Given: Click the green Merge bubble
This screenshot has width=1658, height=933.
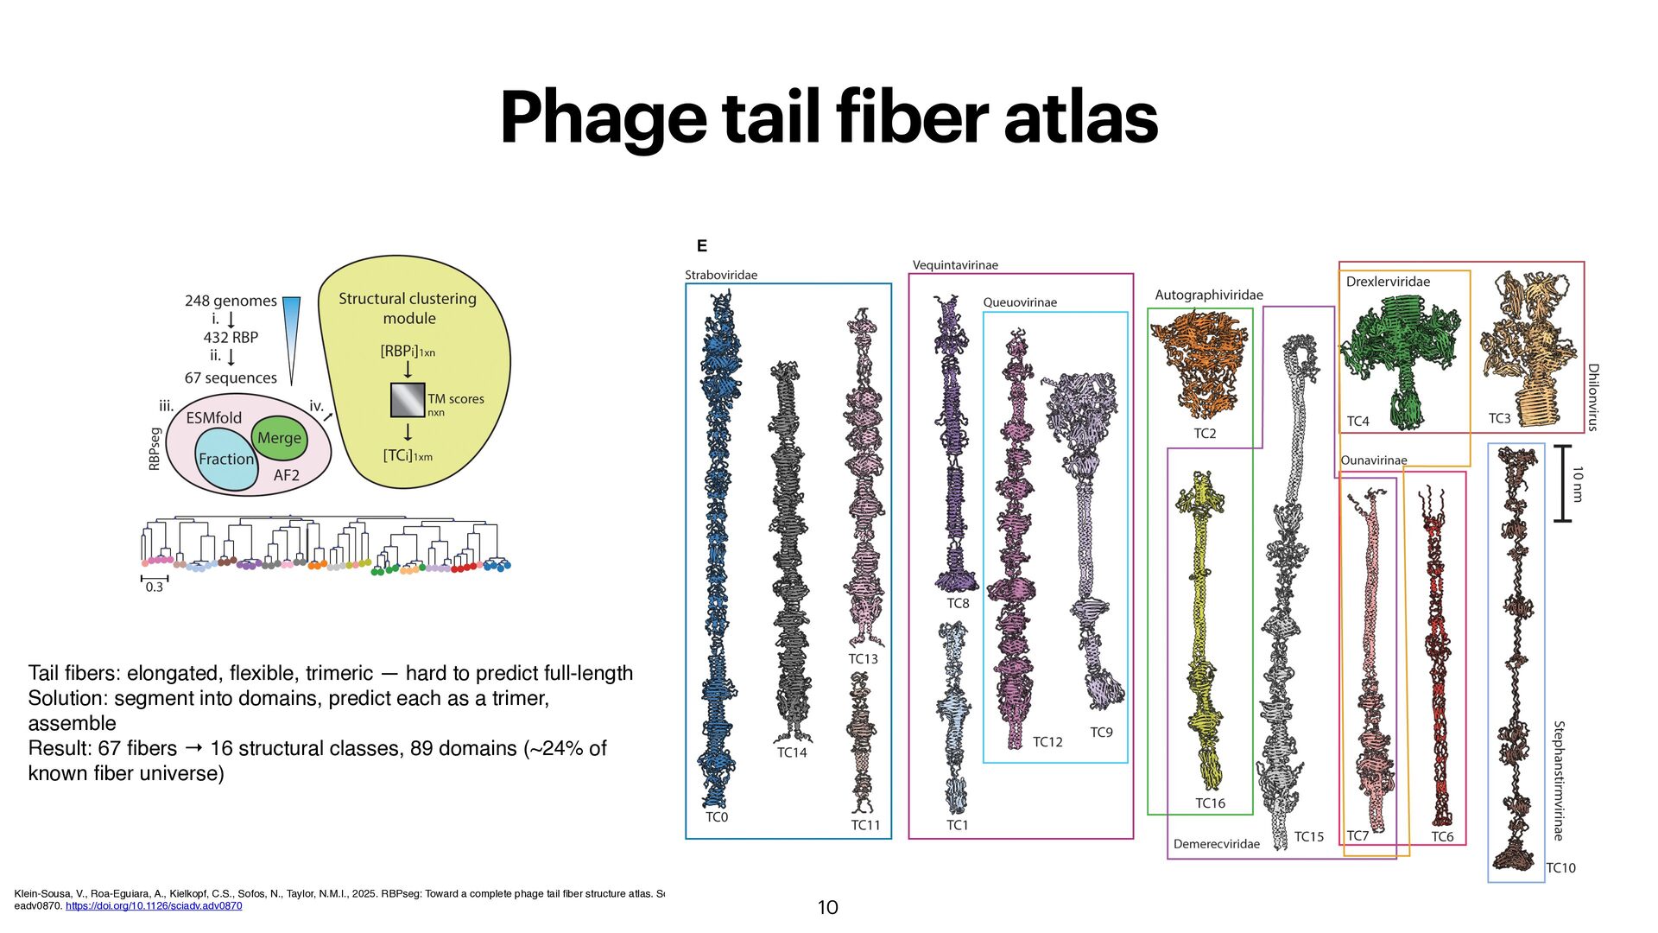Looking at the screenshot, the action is [279, 438].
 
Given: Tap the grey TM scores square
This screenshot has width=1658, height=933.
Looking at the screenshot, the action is [408, 400].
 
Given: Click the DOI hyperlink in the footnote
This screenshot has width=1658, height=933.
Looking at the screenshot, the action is [154, 906].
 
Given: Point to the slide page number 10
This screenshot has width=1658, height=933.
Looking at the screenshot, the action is [827, 907].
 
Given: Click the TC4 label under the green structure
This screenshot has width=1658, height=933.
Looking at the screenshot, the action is [1357, 422].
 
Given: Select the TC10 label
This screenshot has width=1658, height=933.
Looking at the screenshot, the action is [1560, 868].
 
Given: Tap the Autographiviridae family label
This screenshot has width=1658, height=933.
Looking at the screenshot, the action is [1208, 295].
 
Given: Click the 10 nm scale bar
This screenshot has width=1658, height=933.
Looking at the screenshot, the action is [1561, 484].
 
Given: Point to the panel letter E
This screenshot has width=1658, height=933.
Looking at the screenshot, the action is [701, 246].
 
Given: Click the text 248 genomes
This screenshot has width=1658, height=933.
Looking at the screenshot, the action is [231, 301].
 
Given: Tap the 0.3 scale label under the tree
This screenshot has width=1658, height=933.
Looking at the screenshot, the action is [154, 587].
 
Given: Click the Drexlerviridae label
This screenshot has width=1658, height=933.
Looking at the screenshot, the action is [1388, 282].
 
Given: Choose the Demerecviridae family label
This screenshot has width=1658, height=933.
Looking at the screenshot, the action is [1216, 844].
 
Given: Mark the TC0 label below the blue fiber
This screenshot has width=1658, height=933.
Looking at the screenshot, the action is [717, 817].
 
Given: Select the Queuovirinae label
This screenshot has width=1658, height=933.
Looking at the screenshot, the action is [1020, 302].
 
